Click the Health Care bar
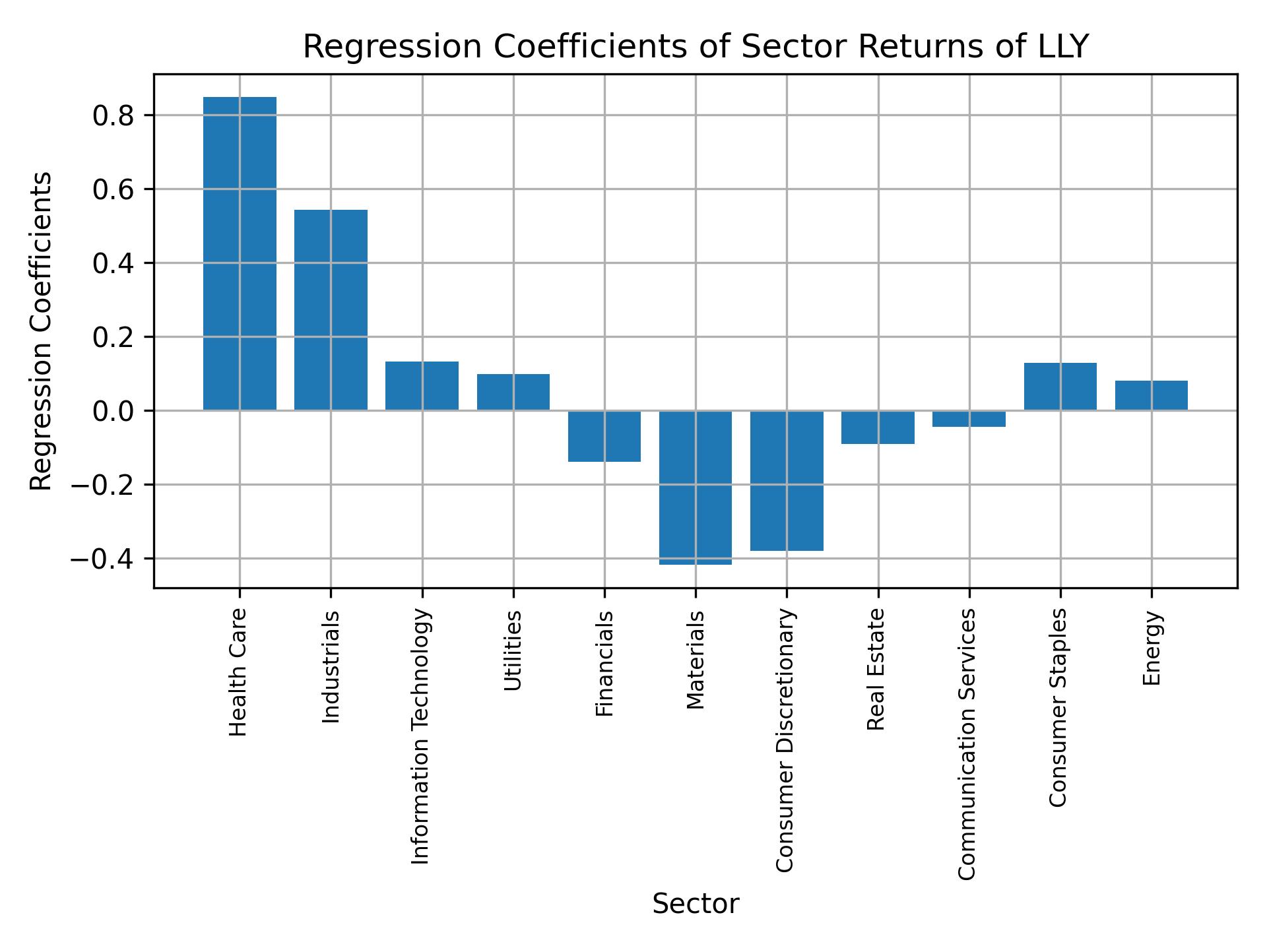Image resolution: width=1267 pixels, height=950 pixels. [240, 254]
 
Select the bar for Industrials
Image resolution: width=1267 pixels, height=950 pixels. [331, 310]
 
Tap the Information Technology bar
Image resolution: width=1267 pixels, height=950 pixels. [422, 386]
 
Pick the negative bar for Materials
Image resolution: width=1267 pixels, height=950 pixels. [696, 488]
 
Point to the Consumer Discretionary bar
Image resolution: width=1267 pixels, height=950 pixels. [787, 480]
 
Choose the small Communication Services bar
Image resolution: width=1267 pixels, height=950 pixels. [969, 419]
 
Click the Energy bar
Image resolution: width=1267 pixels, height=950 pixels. [1152, 396]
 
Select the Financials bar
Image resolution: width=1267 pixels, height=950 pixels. [604, 436]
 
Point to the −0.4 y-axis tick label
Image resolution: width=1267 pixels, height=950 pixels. [102, 559]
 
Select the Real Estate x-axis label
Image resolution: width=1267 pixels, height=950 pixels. [876, 670]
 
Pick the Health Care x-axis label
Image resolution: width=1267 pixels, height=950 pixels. [238, 672]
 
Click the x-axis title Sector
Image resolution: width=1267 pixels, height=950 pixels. [696, 904]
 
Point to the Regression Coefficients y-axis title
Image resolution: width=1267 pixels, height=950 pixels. [42, 331]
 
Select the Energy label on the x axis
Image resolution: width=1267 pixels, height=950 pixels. [1152, 649]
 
